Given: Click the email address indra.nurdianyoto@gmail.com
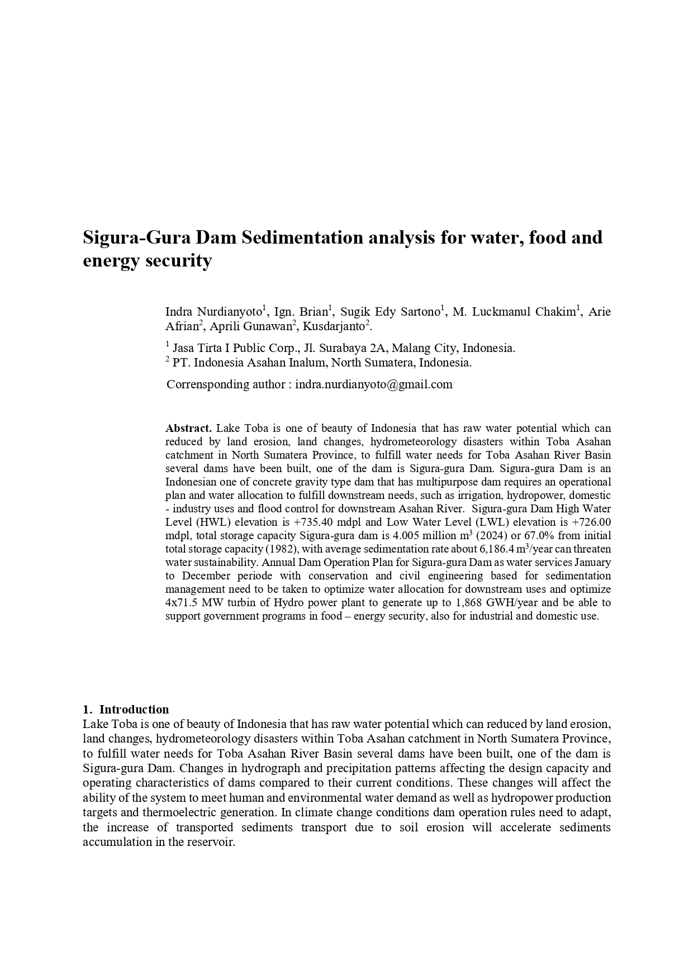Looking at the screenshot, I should pos(373,384).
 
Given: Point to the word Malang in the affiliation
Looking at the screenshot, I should pos(410,348).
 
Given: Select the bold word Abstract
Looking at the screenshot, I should pos(188,429).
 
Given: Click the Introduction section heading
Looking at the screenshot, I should pos(134,710).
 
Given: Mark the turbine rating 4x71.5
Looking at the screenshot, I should pos(182,603).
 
